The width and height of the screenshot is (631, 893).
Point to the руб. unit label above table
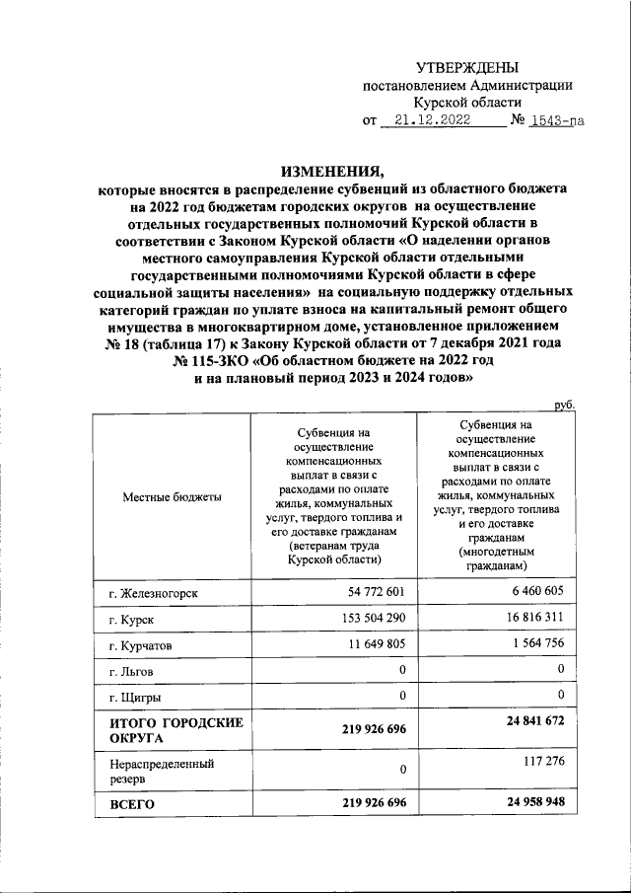tap(564, 405)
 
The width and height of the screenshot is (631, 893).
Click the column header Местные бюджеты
tap(172, 496)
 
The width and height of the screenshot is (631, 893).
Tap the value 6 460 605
tap(537, 590)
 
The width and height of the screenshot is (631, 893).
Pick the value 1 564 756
tap(537, 641)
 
